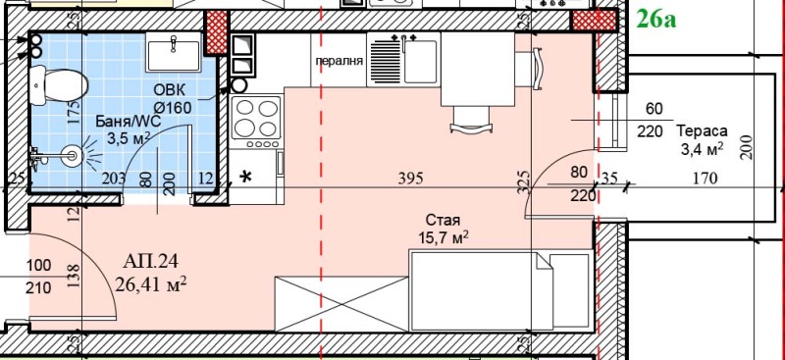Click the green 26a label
[655, 20]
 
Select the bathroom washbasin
[174, 52]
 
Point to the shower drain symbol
[72, 156]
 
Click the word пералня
[339, 62]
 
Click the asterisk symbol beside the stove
[246, 178]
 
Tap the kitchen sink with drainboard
[403, 60]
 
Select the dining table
[477, 69]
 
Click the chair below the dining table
[471, 121]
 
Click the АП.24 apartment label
[151, 261]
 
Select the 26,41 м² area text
[151, 284]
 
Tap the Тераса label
[702, 131]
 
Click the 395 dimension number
[410, 179]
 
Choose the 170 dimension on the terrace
[705, 178]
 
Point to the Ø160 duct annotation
[173, 107]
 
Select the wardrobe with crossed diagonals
[342, 303]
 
